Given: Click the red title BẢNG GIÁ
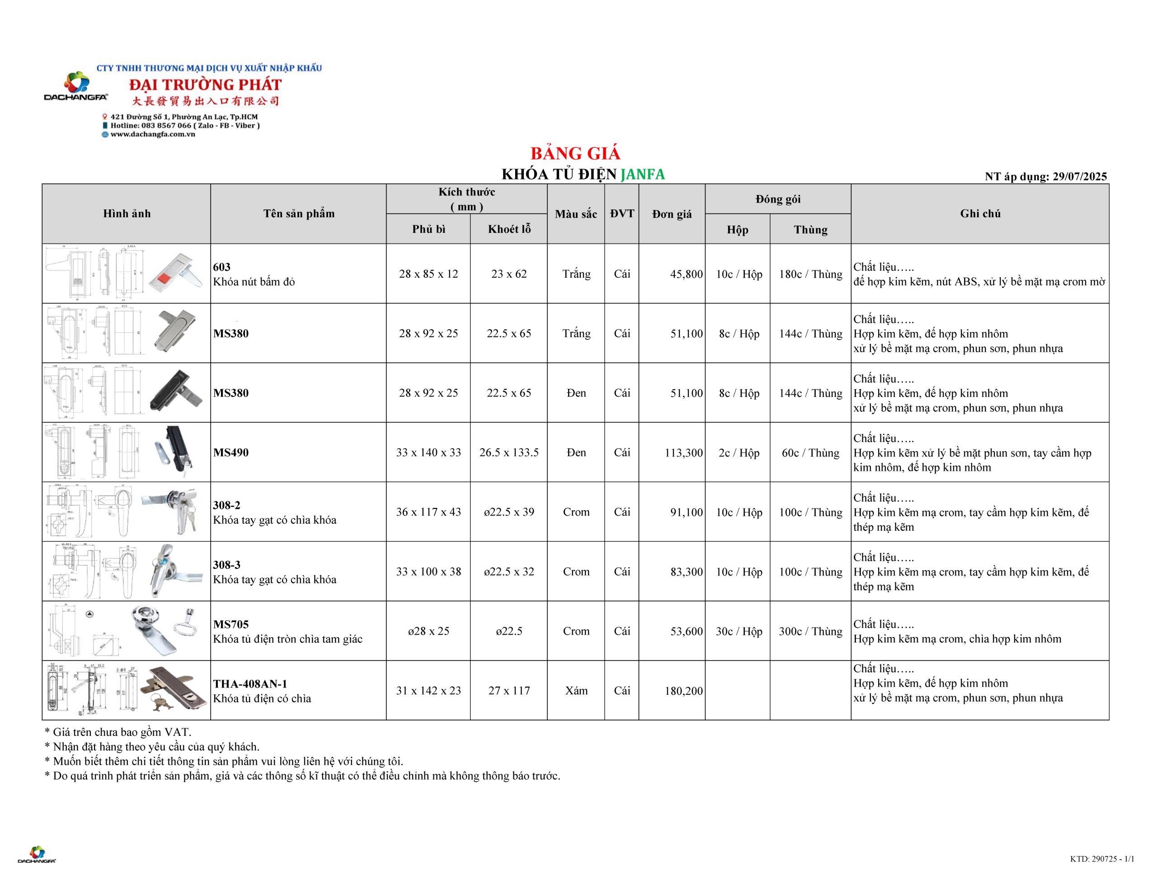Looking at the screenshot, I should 575,153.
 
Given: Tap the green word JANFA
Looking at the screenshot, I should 643,174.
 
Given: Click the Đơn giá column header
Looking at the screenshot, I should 671,214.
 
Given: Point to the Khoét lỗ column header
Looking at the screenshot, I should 508,229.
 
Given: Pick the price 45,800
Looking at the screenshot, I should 686,274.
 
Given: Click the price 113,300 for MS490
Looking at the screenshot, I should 683,452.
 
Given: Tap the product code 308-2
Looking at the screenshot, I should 226,505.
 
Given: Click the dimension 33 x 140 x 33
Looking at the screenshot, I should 428,452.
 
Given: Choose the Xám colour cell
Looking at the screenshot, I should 576,690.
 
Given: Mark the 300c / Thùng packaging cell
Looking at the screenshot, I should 810,631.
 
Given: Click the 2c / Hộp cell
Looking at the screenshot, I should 738,452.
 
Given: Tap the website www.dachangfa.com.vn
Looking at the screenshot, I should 153,135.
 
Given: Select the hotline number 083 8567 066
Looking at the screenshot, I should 166,126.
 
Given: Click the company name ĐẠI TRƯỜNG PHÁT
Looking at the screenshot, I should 206,85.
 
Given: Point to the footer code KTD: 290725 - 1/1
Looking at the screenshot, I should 1102,859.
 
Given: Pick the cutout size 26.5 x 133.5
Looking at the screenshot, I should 508,452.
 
